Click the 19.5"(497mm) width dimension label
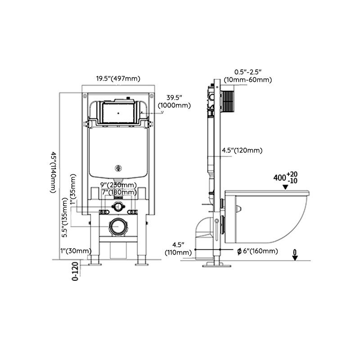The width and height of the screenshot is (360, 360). pos(118,78)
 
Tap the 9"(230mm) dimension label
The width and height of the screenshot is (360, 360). pos(118,185)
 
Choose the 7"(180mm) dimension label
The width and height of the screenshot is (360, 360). pos(118,193)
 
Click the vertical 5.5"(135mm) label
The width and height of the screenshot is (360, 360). pos(65,219)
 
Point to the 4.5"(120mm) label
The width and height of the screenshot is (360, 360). pos(242,150)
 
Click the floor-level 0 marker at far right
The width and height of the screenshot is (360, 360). pos(295,255)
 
